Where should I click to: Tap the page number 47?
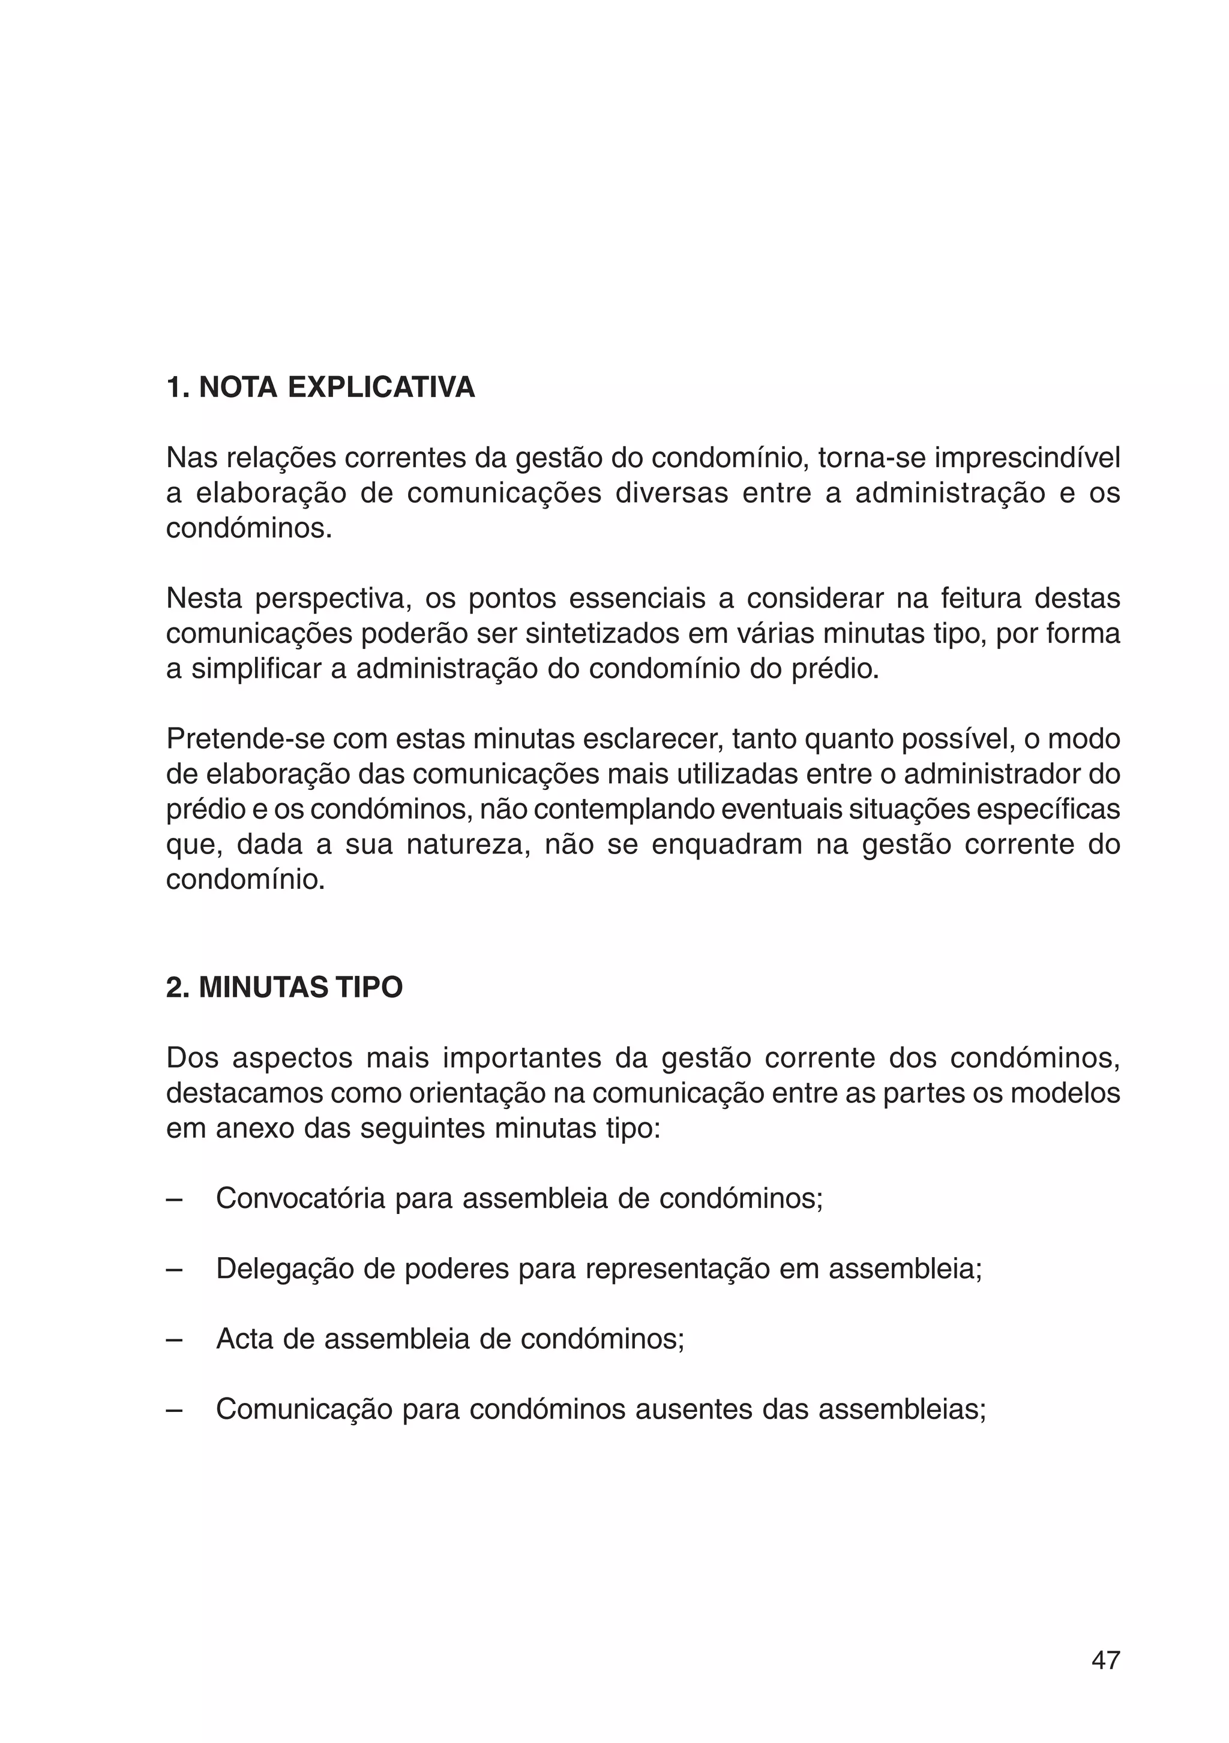(x=1105, y=1660)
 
